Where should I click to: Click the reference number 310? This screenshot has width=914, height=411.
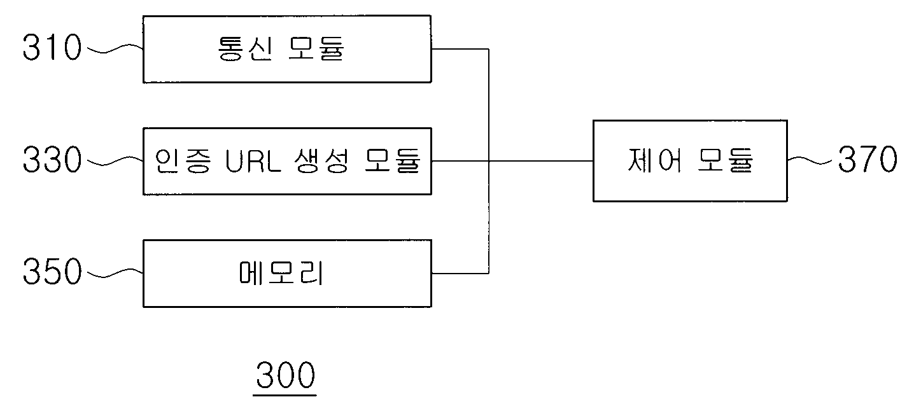pyautogui.click(x=52, y=48)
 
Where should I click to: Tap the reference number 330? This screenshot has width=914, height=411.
pyautogui.click(x=52, y=160)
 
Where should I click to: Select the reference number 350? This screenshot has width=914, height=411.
pyautogui.click(x=52, y=271)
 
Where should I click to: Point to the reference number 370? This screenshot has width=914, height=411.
pyautogui.click(x=868, y=159)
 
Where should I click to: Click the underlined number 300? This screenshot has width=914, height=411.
pyautogui.click(x=285, y=375)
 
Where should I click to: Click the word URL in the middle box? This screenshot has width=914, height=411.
pyautogui.click(x=253, y=161)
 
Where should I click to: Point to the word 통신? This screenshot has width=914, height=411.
pyautogui.click(x=244, y=48)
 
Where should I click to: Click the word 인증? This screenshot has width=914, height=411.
pyautogui.click(x=183, y=161)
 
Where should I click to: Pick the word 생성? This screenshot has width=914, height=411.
pyautogui.click(x=321, y=161)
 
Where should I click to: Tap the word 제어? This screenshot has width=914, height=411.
pyautogui.click(x=654, y=160)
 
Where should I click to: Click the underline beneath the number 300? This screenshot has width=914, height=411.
pyautogui.click(x=285, y=395)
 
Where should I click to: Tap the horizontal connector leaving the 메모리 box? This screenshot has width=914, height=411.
pyautogui.click(x=460, y=273)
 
